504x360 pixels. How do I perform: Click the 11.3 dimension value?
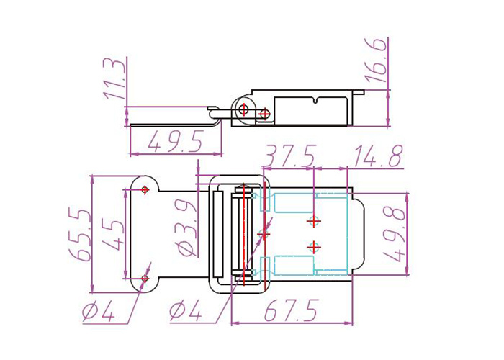[x=114, y=79]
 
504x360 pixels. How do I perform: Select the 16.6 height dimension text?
[x=375, y=61]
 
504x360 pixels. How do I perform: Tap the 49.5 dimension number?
[x=175, y=141]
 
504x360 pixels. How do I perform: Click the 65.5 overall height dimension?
[x=79, y=234]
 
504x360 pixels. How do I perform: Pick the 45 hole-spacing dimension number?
[x=113, y=235]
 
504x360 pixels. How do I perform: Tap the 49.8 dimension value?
[x=394, y=235]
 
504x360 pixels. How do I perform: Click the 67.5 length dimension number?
[x=292, y=310]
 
